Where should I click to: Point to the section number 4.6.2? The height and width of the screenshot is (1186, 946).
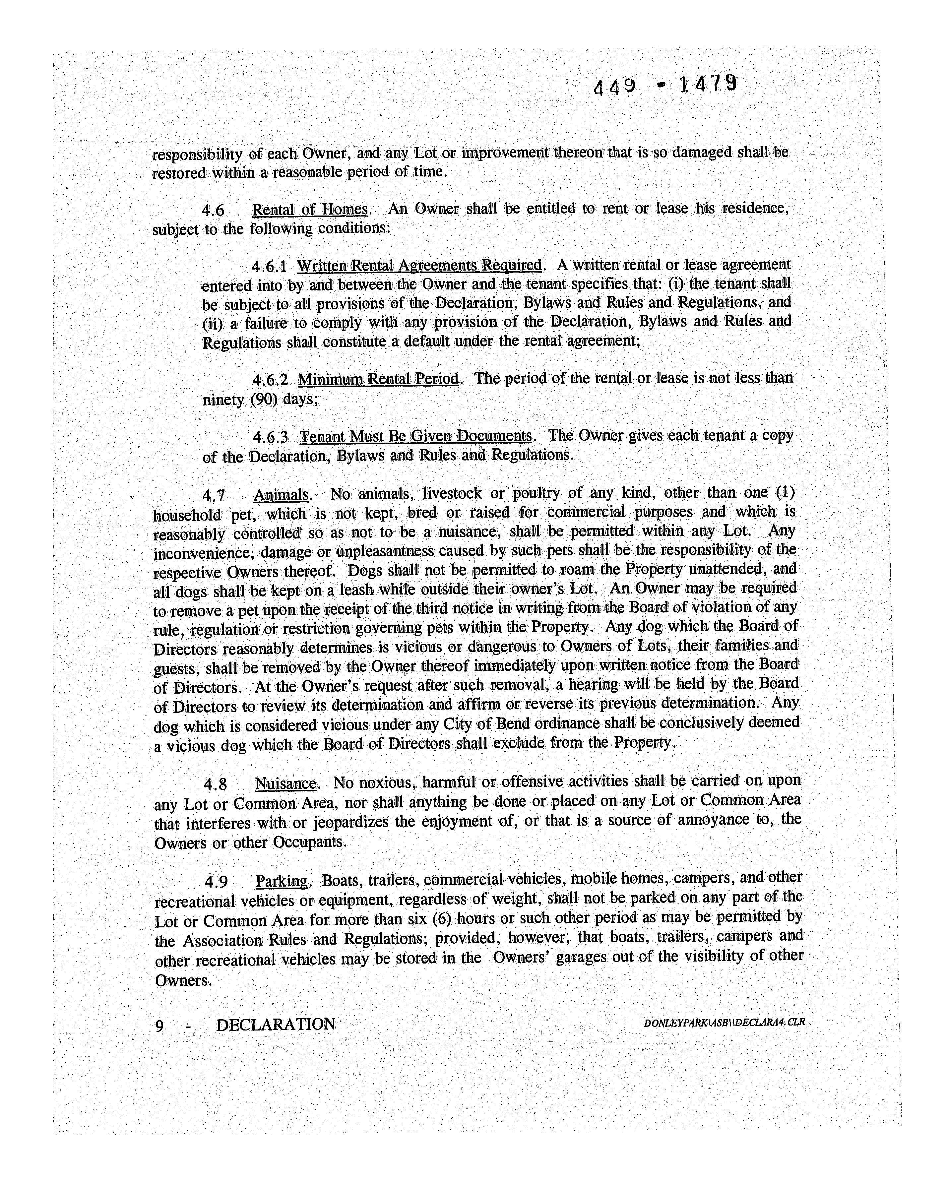[x=270, y=380]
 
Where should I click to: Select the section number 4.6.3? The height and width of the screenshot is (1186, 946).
[x=270, y=437]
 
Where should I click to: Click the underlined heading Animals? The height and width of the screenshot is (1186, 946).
[x=281, y=495]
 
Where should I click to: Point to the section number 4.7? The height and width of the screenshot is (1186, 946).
[x=214, y=496]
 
